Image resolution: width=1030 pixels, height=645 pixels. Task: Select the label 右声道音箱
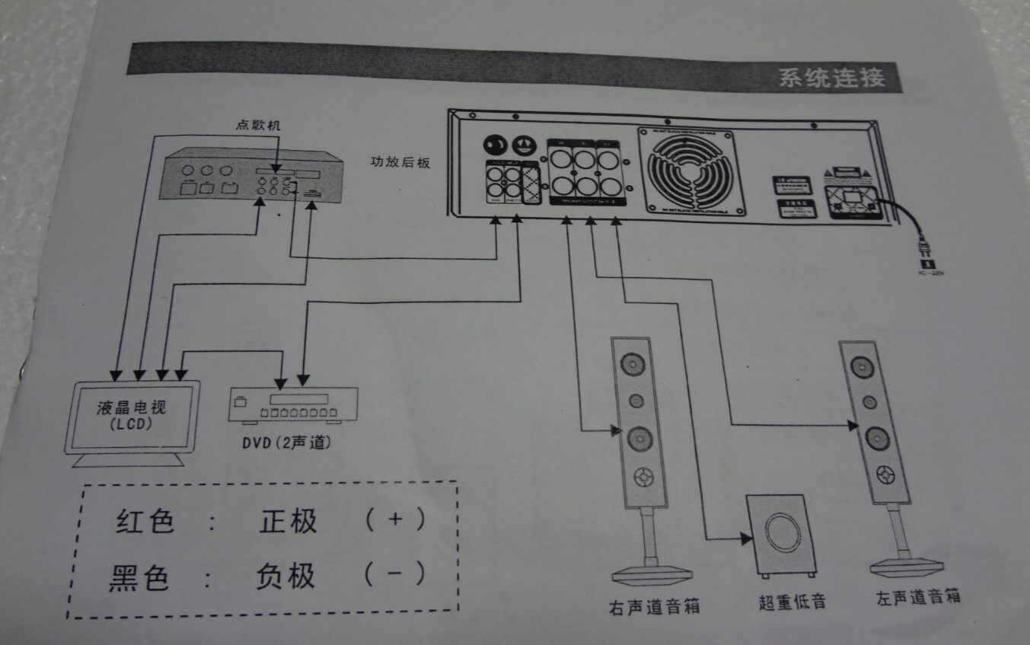point(654,606)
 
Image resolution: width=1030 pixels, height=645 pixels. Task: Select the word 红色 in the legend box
point(145,522)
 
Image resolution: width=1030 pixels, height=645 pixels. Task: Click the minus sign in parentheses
point(394,573)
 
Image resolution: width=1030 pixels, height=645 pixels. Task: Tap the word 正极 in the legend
point(288,522)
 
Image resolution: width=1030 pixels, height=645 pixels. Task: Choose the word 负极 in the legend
point(285,576)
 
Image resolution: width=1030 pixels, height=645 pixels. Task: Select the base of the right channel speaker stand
point(652,573)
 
